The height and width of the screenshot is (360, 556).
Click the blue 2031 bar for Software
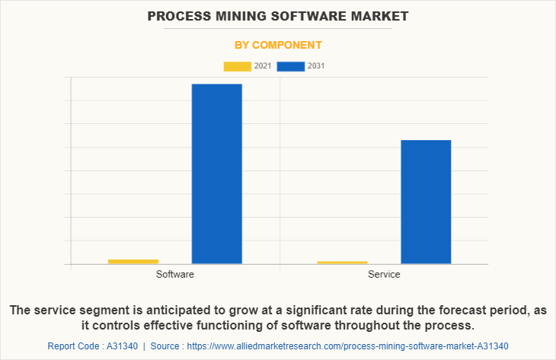click(216, 174)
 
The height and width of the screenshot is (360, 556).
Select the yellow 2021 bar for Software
click(133, 262)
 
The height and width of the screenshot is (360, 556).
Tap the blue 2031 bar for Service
click(426, 202)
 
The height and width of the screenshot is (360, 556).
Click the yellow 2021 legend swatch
click(237, 66)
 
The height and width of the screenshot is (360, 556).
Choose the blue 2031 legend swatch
click(291, 66)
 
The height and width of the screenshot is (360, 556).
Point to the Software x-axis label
click(174, 274)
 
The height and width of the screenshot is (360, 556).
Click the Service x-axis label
click(384, 274)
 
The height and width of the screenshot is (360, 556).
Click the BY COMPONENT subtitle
click(277, 45)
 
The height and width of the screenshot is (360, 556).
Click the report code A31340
click(117, 346)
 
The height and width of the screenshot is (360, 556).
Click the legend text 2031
click(315, 66)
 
